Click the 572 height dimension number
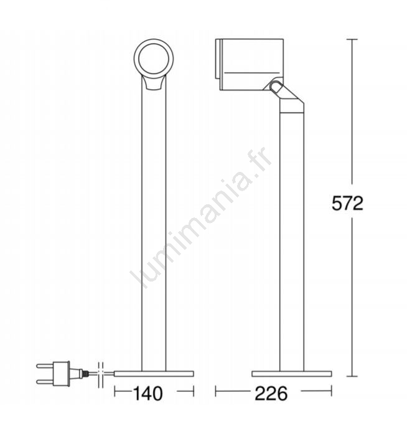(x=347, y=203)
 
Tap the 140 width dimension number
(x=147, y=394)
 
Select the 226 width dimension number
(x=271, y=394)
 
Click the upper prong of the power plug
(x=45, y=366)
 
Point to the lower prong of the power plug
(x=45, y=381)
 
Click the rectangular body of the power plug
(x=61, y=374)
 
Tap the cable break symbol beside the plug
(x=101, y=375)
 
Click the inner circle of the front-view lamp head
(x=154, y=59)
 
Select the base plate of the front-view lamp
(x=154, y=374)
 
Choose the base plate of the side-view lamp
(x=291, y=374)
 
